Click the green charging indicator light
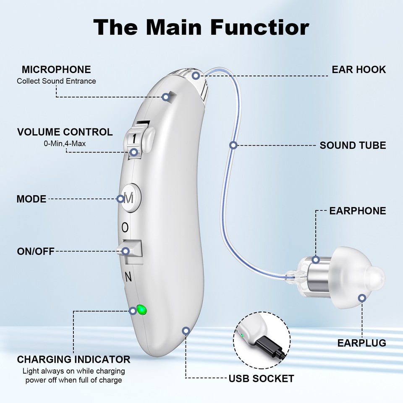point(142,311)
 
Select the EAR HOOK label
point(359,70)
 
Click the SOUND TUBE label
point(353,146)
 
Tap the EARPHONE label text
point(357,211)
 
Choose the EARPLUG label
point(361,343)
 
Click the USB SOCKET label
point(261,379)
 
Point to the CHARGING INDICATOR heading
point(73,360)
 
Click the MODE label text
point(31,199)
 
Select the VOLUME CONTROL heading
point(65,132)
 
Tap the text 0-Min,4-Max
point(65,144)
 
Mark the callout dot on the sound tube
point(234,145)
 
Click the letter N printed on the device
point(128,277)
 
